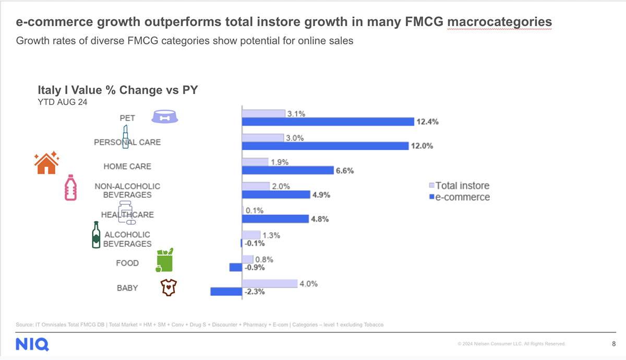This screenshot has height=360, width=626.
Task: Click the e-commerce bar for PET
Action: pyautogui.click(x=328, y=122)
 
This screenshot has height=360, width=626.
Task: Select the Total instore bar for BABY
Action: pyautogui.click(x=269, y=283)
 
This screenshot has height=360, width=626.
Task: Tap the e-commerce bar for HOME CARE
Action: pyautogui.click(x=287, y=170)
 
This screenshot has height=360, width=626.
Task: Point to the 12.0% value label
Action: pyautogui.click(x=422, y=146)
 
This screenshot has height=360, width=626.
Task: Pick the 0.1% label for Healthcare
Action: pyautogui.click(x=255, y=211)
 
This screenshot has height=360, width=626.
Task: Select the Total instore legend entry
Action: pyautogui.click(x=459, y=186)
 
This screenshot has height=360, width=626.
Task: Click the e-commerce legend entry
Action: pyautogui.click(x=459, y=197)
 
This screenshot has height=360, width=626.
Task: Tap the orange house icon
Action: pyautogui.click(x=46, y=163)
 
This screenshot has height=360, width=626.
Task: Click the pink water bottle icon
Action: pyautogui.click(x=70, y=188)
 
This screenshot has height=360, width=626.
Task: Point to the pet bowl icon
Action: pyautogui.click(x=165, y=117)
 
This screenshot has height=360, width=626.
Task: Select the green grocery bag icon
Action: pyautogui.click(x=164, y=260)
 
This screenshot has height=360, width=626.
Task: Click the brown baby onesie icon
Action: pyautogui.click(x=168, y=287)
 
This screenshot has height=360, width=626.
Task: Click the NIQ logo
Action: pyautogui.click(x=32, y=344)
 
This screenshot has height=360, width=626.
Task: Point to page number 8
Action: pyautogui.click(x=613, y=344)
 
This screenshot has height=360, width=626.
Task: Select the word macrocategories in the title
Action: pyautogui.click(x=500, y=22)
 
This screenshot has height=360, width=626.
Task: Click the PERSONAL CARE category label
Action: pyautogui.click(x=127, y=142)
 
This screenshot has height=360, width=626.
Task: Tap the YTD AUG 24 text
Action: pyautogui.click(x=62, y=102)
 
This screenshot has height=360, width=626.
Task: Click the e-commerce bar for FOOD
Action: pyautogui.click(x=236, y=267)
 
